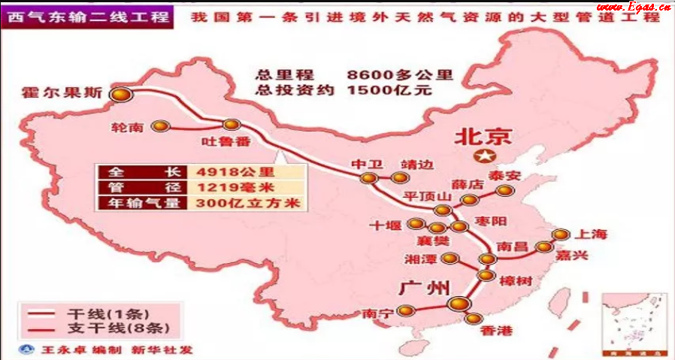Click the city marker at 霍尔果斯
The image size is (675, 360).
(120, 94)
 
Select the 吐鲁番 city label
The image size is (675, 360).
(222, 141)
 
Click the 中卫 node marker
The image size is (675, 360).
(368, 178)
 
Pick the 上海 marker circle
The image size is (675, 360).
(559, 234)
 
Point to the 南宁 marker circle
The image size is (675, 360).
(406, 310)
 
